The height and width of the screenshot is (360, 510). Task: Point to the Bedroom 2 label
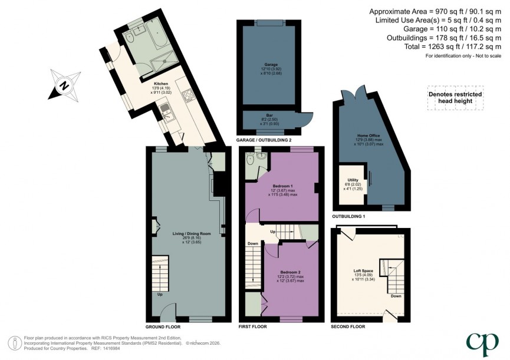290,272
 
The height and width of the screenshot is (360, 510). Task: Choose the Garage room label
271,64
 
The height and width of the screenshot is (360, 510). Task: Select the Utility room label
353,180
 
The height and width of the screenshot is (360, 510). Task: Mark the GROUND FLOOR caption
161,326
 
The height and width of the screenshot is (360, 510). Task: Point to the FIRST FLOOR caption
252,326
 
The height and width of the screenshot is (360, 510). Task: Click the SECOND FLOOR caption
348,326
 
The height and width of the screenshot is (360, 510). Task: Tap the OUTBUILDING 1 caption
348,216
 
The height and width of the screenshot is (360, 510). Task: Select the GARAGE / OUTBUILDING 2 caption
264,140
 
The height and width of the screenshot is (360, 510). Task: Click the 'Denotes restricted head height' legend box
455,98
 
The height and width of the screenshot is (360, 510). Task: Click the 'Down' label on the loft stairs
396,296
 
